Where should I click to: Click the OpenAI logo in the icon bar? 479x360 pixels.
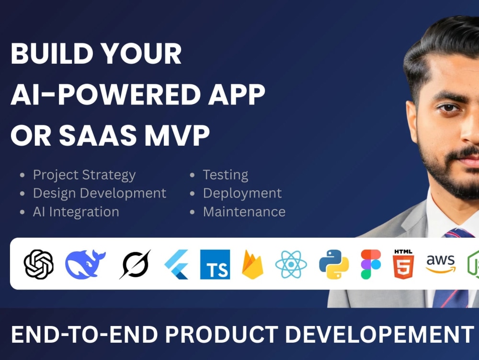click(38, 264)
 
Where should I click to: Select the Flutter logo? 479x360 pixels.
click(177, 264)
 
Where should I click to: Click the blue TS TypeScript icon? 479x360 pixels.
click(215, 264)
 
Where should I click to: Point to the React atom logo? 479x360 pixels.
click(291, 264)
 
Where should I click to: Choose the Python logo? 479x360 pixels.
click(334, 264)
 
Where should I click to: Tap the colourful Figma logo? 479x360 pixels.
click(371, 264)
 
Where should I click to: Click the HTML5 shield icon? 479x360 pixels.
click(403, 264)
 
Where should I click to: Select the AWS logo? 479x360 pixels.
click(441, 263)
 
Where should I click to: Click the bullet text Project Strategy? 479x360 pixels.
click(84, 175)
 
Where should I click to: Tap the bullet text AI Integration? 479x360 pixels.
click(76, 212)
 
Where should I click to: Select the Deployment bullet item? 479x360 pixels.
click(242, 193)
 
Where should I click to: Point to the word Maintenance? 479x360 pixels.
click(244, 212)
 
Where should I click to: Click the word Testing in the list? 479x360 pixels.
click(225, 175)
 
